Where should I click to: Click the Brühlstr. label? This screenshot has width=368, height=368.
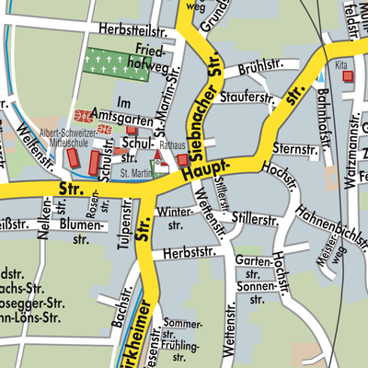tap(258, 66)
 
